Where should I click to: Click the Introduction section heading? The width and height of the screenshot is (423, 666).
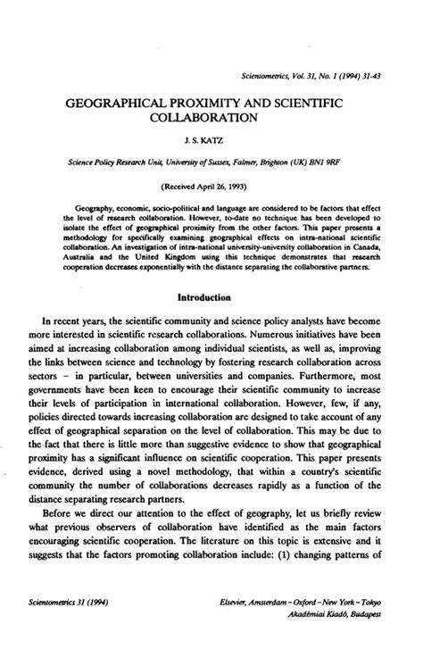pyautogui.click(x=211, y=296)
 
